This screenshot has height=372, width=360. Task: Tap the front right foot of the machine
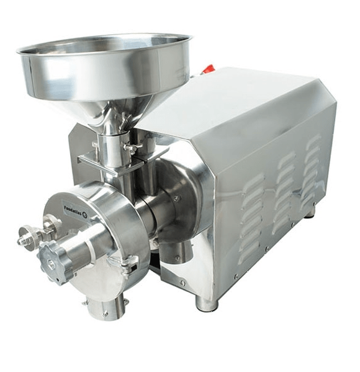207,304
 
